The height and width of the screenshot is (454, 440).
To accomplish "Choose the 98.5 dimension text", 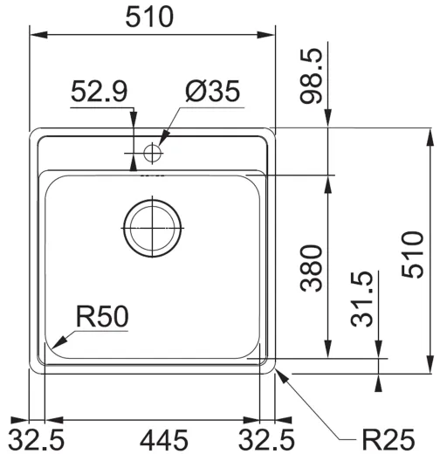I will click(312, 76).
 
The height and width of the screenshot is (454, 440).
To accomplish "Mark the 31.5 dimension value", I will click(363, 299).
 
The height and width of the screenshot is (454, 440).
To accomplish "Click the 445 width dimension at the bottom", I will click(153, 437).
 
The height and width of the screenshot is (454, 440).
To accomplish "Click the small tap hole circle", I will click(153, 153).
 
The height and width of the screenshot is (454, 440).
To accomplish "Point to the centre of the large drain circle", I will click(153, 227).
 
